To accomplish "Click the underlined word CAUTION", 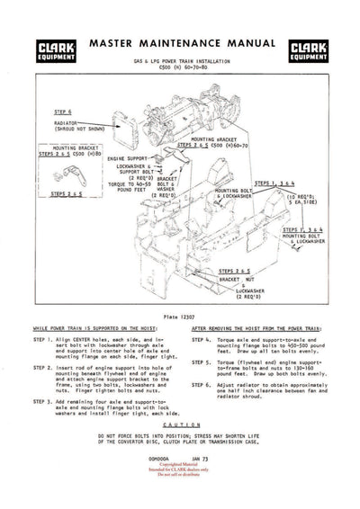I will (x=180, y=424).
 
